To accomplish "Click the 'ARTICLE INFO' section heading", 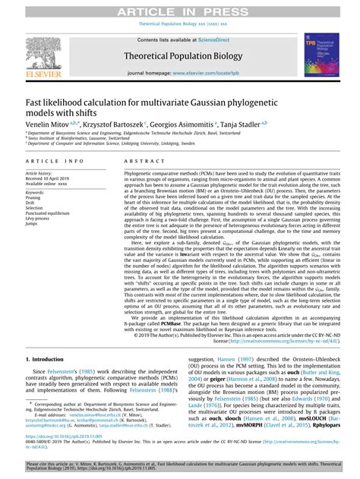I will pos(54,162).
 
